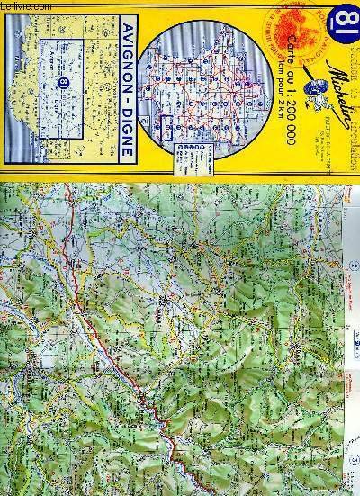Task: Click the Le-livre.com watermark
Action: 20,6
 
